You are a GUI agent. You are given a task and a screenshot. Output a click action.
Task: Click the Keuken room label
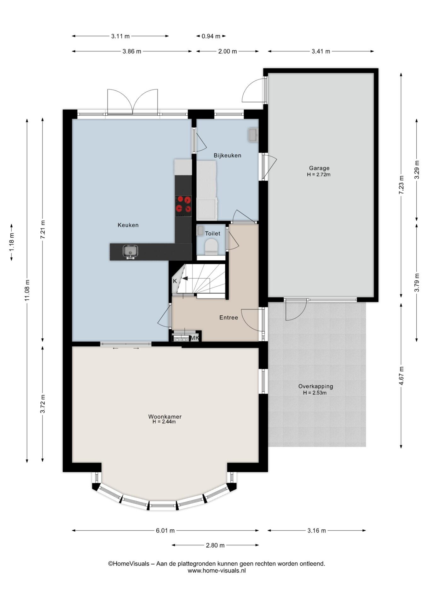click(128, 225)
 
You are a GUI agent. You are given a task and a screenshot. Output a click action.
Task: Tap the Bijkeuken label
click(227, 155)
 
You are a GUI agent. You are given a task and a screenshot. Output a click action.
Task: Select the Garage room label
click(319, 168)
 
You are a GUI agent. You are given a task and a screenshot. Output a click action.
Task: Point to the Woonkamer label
click(165, 417)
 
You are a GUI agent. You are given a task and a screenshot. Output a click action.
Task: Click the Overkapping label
click(315, 386)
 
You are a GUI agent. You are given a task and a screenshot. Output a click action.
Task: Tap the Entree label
click(228, 318)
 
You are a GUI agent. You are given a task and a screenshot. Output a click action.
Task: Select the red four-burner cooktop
click(183, 206)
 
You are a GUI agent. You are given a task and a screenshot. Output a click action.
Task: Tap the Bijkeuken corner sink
click(252, 135)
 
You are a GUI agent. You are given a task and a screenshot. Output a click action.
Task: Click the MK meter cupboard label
click(195, 338)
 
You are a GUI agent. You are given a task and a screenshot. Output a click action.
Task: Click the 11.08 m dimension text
click(27, 291)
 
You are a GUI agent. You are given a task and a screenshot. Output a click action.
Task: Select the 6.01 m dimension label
click(165, 531)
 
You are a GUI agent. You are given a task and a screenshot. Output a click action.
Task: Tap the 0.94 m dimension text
click(211, 36)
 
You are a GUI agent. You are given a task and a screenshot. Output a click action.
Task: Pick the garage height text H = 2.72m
click(319, 175)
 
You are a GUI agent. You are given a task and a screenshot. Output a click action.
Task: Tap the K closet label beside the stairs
click(175, 281)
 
